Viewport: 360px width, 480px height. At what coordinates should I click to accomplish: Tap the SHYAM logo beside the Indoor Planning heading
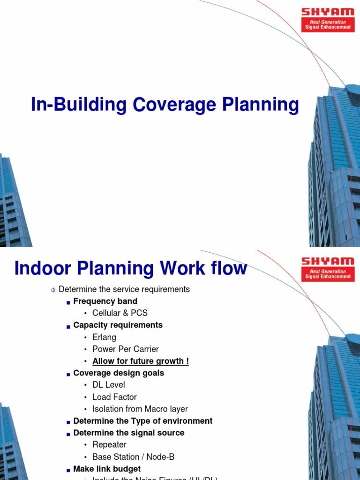328,269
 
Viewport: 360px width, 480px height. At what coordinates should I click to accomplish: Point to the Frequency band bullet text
105,301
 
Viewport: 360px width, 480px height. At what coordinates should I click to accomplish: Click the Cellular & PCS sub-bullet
120,313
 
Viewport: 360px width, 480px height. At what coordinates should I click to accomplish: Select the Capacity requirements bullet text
118,325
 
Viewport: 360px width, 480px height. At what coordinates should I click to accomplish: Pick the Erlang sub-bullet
104,337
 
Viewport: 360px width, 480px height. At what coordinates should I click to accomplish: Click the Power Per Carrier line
126,349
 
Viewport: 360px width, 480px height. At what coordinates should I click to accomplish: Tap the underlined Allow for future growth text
141,361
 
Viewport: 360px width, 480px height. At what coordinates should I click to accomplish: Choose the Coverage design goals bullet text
119,373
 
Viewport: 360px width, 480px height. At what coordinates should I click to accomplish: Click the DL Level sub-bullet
109,385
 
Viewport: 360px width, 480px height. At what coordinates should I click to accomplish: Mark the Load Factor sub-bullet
114,397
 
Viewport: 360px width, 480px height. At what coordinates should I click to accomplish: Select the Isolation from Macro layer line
140,409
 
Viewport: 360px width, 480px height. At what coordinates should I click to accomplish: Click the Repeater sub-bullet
109,445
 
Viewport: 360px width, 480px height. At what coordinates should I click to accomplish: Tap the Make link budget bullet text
107,469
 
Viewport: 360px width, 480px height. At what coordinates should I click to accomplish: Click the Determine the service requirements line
124,289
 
